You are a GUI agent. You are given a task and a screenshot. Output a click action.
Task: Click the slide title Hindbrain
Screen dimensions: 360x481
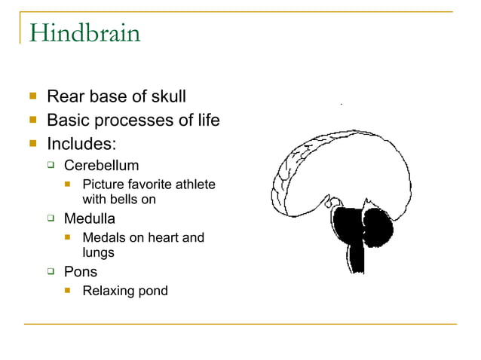tap(84, 33)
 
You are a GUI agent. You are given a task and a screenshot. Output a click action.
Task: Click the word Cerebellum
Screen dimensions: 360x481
tap(101, 165)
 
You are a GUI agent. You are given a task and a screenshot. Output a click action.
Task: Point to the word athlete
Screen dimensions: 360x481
tap(195, 185)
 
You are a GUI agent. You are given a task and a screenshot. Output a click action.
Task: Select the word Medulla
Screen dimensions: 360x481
tap(90, 218)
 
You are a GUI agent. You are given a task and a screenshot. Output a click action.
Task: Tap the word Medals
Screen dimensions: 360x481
tap(103, 238)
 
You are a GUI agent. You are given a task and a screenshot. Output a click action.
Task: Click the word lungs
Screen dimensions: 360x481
tap(98, 253)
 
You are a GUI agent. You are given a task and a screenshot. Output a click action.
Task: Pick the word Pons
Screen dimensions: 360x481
tap(80, 271)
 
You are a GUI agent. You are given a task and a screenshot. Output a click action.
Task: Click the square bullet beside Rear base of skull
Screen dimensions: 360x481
tap(32, 97)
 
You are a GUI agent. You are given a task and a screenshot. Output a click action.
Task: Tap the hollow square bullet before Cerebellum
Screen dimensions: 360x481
tap(51, 166)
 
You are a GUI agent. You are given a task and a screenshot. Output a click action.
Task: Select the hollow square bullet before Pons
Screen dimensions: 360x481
tap(51, 272)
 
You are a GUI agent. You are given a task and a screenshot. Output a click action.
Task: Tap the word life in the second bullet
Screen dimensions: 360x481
tap(207, 120)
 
